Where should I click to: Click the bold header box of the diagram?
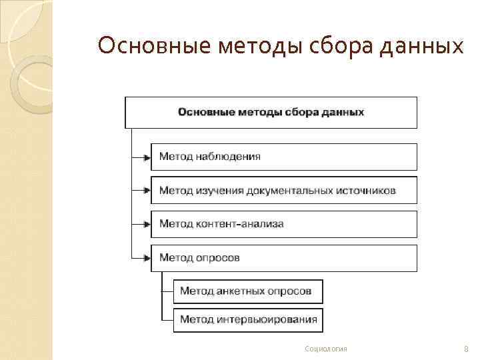click(x=271, y=112)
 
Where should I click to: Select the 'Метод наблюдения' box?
click(x=283, y=157)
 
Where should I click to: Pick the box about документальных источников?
click(x=283, y=190)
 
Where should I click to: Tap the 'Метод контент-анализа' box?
click(x=283, y=224)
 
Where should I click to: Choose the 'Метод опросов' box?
click(x=283, y=258)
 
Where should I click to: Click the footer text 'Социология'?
click(x=325, y=349)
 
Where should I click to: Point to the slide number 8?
click(x=465, y=349)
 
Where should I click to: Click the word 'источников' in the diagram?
click(x=365, y=191)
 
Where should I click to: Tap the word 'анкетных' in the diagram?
click(x=244, y=291)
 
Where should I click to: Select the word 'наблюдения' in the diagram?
click(x=228, y=157)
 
